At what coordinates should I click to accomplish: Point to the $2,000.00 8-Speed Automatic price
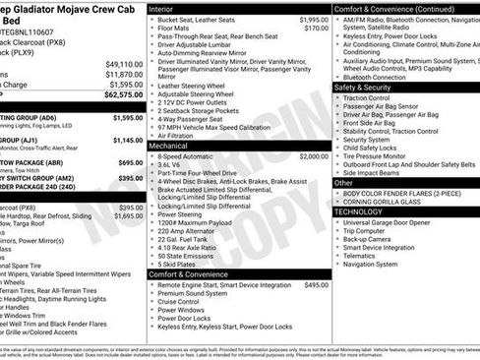314,155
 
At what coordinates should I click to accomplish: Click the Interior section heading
161,8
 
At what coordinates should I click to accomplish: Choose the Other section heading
344,183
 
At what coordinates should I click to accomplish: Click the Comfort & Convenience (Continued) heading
393,8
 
